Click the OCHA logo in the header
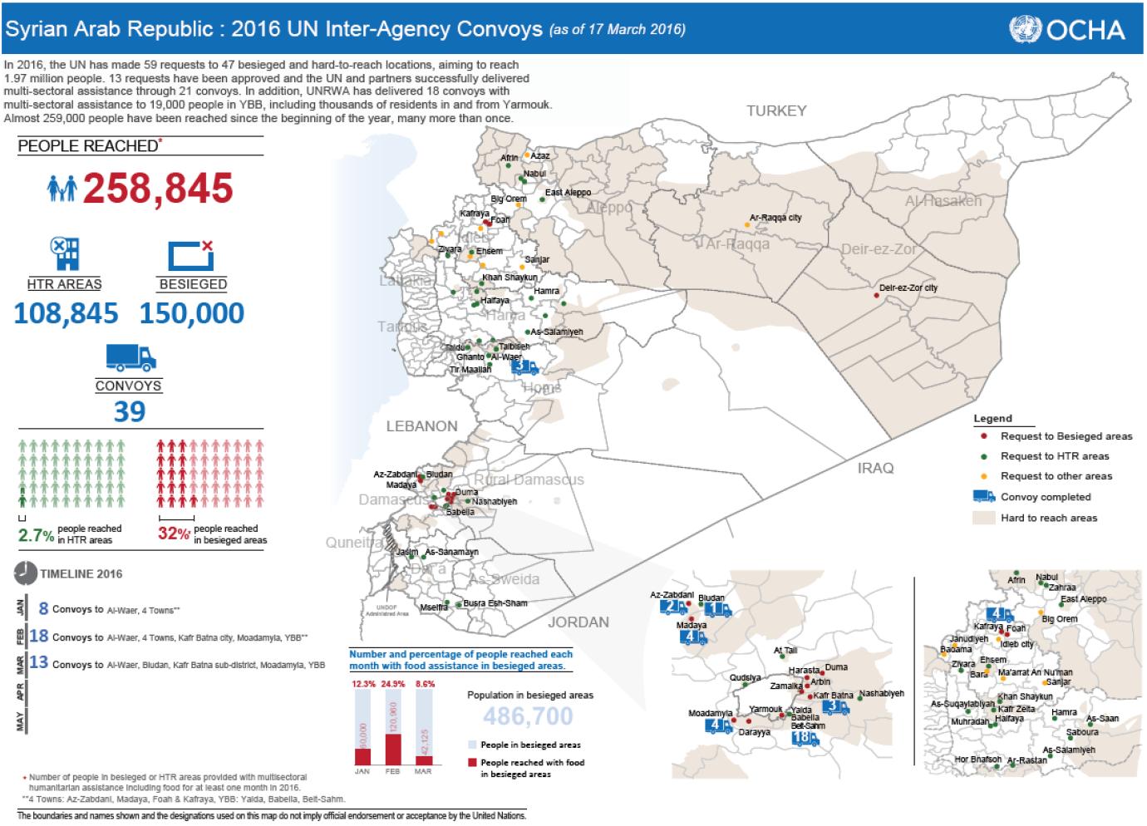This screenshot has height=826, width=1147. [x=1067, y=30]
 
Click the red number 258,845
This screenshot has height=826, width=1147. [x=157, y=188]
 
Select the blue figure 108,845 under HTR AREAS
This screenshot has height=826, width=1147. [x=66, y=313]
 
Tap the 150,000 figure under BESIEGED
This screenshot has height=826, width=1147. [x=192, y=313]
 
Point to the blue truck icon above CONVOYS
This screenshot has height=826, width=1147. [x=130, y=357]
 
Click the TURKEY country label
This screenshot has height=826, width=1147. [x=776, y=111]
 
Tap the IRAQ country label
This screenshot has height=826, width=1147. [x=875, y=468]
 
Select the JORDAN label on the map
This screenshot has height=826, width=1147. [x=578, y=622]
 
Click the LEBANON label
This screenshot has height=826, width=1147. [x=421, y=426]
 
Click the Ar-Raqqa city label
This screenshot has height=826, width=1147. [x=775, y=218]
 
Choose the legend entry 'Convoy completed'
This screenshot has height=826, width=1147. [x=1046, y=497]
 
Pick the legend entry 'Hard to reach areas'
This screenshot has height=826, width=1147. [x=1049, y=518]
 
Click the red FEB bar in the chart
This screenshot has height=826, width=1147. [x=392, y=749]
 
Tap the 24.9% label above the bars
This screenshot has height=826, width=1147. [x=392, y=684]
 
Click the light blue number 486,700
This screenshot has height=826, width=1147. [x=528, y=716]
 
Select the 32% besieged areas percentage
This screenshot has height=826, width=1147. [x=174, y=534]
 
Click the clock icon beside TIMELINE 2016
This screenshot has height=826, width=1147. [x=26, y=573]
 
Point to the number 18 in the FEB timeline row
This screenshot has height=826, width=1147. [x=38, y=637]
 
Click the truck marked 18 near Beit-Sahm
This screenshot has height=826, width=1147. [x=805, y=738]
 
